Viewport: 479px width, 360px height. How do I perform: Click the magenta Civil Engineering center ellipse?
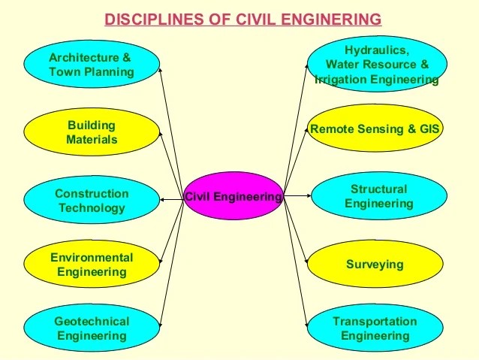[233, 197]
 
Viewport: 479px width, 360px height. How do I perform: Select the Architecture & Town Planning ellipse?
[91, 65]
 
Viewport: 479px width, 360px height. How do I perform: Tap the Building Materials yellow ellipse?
[91, 132]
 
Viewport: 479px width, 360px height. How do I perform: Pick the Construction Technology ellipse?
[91, 201]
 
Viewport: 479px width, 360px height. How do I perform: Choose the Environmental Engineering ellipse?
[91, 265]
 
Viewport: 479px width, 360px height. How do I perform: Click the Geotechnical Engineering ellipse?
[91, 328]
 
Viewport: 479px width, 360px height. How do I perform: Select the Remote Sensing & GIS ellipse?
[375, 130]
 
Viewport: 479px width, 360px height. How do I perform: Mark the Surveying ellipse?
[375, 265]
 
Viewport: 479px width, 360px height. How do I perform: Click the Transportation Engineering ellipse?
[375, 328]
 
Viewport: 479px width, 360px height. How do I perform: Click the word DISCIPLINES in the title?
[148, 19]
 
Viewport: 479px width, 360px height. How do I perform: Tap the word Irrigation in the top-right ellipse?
[343, 80]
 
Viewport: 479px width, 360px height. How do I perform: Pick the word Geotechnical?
[92, 321]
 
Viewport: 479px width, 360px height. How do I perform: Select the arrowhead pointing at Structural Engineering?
[307, 196]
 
